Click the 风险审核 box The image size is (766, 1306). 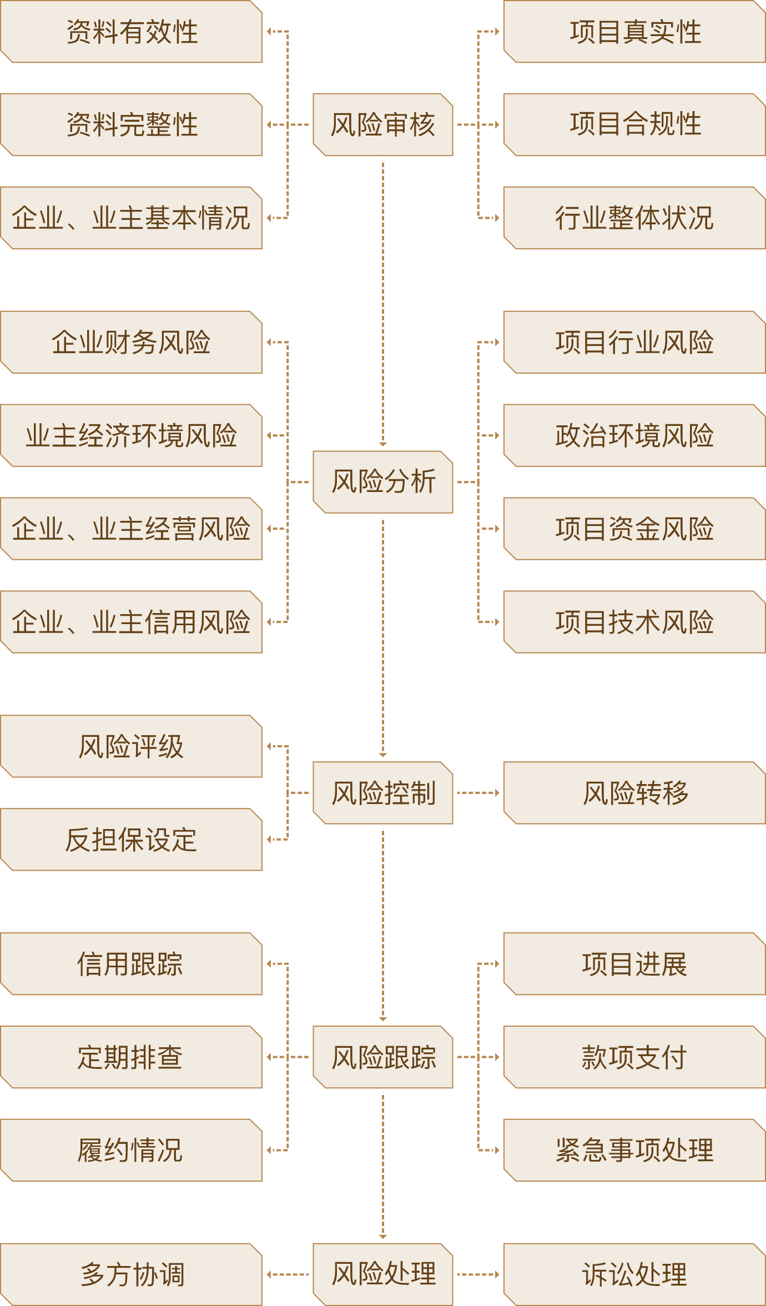click(x=383, y=124)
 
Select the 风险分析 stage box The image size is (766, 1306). click(x=383, y=481)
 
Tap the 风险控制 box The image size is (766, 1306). click(x=383, y=792)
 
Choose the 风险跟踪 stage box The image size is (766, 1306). click(x=383, y=1057)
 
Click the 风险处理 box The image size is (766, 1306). click(x=383, y=1274)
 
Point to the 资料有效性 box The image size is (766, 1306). click(x=132, y=32)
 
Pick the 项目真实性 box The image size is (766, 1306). click(x=634, y=32)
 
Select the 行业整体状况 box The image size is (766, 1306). click(x=634, y=218)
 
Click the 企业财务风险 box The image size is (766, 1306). click(x=132, y=342)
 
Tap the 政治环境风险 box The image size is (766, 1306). click(x=634, y=435)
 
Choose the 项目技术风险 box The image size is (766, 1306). click(x=634, y=622)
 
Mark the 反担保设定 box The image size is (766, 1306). click(x=132, y=840)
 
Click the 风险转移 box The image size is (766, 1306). click(x=634, y=792)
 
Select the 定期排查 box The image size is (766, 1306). click(x=132, y=1057)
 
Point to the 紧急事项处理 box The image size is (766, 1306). click(x=634, y=1150)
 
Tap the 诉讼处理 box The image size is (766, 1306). click(x=634, y=1274)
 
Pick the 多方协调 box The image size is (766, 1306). click(x=132, y=1274)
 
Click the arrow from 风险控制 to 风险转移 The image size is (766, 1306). click(x=478, y=792)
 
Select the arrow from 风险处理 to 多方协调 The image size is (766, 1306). click(x=288, y=1274)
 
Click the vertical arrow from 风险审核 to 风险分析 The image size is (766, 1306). click(x=383, y=303)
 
